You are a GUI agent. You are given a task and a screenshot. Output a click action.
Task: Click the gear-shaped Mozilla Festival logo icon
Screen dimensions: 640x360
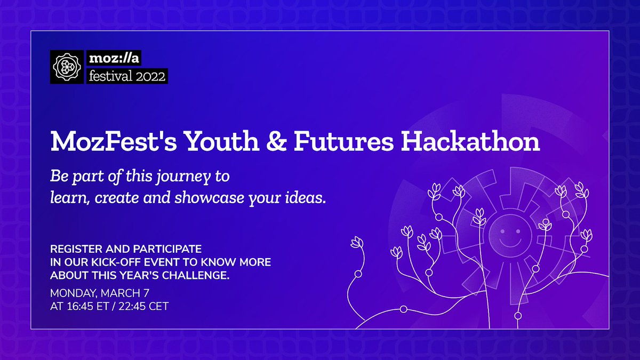point(67,67)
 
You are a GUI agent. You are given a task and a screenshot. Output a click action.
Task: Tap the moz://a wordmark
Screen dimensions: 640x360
point(114,58)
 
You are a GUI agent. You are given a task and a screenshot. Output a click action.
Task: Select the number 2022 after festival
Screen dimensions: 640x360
point(150,76)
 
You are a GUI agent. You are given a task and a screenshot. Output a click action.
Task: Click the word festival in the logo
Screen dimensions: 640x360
point(110,76)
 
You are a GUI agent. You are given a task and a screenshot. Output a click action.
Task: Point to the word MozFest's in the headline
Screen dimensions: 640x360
point(114,141)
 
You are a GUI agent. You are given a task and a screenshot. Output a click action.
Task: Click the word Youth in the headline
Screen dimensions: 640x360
point(222,141)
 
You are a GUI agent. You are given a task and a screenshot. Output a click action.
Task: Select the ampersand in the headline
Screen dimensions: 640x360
point(276,141)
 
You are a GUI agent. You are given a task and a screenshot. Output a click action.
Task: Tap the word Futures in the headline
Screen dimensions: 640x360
point(344,141)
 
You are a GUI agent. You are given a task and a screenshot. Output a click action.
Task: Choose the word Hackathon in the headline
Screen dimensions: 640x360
point(470,141)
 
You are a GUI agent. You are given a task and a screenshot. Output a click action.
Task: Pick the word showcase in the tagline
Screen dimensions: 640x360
point(210,198)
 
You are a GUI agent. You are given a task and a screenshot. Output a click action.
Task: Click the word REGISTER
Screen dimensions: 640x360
point(76,249)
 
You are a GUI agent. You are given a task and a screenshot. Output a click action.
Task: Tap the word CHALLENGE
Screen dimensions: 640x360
point(196,275)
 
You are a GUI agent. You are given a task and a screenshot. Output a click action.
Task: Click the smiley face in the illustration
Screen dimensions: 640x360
point(510,235)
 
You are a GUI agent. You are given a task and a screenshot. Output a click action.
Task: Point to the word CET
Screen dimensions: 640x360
point(159,306)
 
